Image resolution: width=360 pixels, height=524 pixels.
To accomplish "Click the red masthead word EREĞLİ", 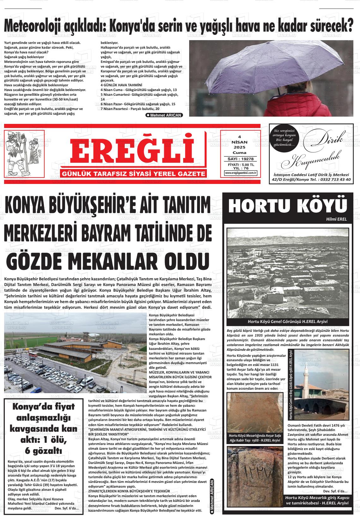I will [x=132, y=152].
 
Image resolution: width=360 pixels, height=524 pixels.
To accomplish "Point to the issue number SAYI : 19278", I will [x=241, y=159].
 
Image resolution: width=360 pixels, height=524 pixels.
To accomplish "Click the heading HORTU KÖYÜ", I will [x=287, y=206].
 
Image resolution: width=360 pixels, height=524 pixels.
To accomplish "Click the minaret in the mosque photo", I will [x=306, y=381].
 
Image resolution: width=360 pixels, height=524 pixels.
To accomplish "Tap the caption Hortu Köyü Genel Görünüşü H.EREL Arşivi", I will [x=287, y=321].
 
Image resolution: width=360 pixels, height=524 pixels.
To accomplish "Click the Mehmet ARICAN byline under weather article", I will [x=164, y=115].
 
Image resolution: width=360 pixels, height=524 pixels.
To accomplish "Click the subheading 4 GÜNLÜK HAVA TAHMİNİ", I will [x=121, y=85].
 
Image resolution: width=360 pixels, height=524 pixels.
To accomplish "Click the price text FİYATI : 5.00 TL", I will [x=241, y=165].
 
